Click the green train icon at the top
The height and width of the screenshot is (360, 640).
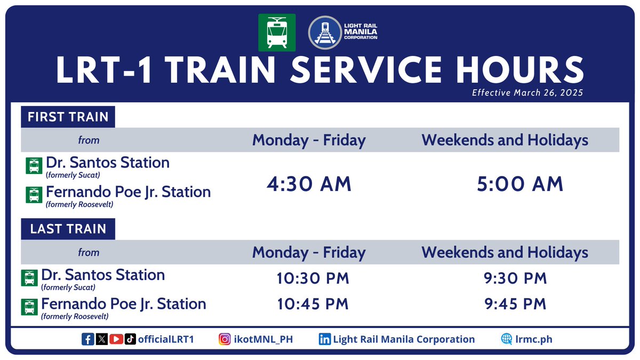pyautogui.click(x=277, y=33)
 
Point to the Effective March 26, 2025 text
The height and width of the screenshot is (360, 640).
pyautogui.click(x=527, y=93)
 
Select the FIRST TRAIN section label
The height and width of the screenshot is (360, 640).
pyautogui.click(x=68, y=117)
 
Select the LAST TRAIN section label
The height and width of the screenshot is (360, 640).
pyautogui.click(x=68, y=229)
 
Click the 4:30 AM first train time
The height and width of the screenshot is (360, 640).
pyautogui.click(x=309, y=184)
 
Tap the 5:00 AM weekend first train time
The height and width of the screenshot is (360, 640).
pyautogui.click(x=520, y=184)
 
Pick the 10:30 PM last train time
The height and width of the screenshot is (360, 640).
pyautogui.click(x=313, y=278)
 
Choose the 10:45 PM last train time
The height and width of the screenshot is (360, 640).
pyautogui.click(x=313, y=304)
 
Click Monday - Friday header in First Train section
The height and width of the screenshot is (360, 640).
pyautogui.click(x=309, y=140)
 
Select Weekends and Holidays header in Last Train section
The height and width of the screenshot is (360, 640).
pyautogui.click(x=505, y=252)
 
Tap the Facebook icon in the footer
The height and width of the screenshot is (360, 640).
pyautogui.click(x=88, y=339)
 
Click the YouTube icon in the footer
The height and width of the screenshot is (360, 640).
pyautogui.click(x=116, y=339)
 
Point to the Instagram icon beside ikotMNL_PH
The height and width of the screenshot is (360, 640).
pyautogui.click(x=225, y=339)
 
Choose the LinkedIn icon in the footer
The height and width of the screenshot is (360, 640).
pyautogui.click(x=324, y=339)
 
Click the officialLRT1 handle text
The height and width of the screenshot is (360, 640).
pyautogui.click(x=165, y=339)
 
